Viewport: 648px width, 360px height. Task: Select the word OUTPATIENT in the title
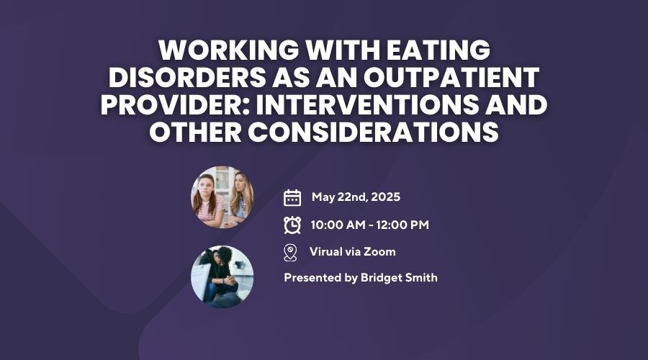(x=451, y=77)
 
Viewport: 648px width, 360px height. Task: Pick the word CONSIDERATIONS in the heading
(x=373, y=132)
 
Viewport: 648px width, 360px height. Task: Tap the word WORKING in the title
(x=228, y=50)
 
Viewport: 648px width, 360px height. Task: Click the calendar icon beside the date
(x=292, y=197)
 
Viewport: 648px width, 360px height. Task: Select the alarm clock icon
(x=292, y=225)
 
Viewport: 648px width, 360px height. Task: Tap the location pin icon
(x=291, y=253)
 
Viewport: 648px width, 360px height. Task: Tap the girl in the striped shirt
(x=208, y=200)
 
